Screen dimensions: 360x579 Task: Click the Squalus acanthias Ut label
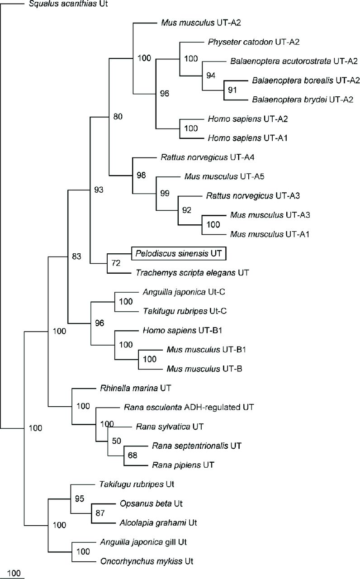pos(68,4)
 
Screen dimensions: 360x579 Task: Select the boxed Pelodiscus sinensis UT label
pos(179,253)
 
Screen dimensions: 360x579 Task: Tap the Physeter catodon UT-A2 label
pos(254,42)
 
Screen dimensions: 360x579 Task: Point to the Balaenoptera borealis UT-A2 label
pos(306,81)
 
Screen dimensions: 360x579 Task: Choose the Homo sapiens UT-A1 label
pos(247,138)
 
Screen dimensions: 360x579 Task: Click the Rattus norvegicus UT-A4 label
pos(208,157)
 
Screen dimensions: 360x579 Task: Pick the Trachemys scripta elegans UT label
pos(192,273)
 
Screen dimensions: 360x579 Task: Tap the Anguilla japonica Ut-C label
pos(184,292)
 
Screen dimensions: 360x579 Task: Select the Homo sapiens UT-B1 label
pos(182,330)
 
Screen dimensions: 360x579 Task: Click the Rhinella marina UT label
pos(135,388)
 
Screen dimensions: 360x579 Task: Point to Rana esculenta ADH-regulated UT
pos(189,407)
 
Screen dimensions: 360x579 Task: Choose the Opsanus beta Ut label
pos(151,503)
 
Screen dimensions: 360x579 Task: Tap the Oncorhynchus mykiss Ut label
pos(147,561)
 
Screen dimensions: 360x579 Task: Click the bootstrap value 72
pos(116,263)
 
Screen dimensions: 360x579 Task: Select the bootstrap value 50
pos(117,441)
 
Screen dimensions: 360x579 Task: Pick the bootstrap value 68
pos(133,455)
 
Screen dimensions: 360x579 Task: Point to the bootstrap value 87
pos(100,513)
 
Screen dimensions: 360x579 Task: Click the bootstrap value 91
pos(232,90)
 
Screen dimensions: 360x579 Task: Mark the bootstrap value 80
pos(118,117)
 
